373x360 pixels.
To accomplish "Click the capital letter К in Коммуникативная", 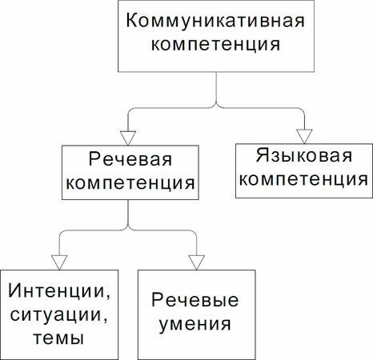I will [131, 20].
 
